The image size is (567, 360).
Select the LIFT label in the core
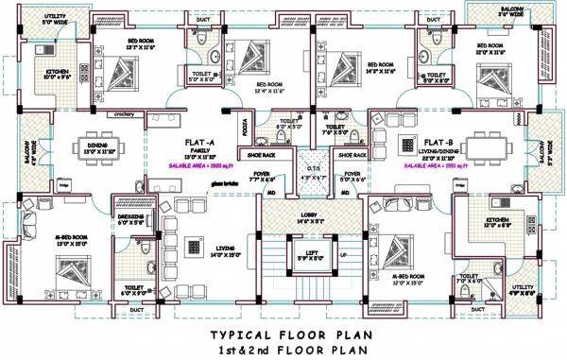pos(309,251)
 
